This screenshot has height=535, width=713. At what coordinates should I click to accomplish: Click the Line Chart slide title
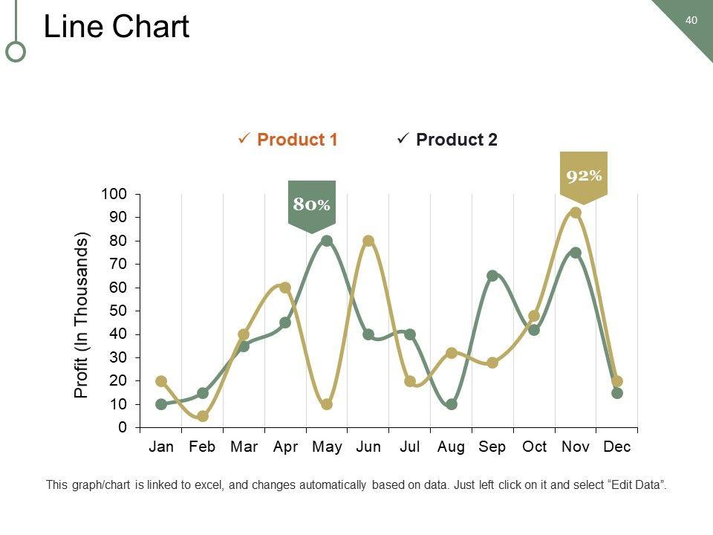(x=117, y=27)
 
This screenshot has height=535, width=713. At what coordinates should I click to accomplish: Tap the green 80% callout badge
(x=311, y=204)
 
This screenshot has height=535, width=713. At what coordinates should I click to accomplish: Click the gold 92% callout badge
(x=584, y=176)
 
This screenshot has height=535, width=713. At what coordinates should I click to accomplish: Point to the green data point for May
(x=327, y=241)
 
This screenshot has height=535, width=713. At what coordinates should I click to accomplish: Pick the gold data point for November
(x=576, y=213)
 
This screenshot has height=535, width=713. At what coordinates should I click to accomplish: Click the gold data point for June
(x=368, y=241)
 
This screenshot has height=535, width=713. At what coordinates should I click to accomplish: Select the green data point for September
(x=492, y=276)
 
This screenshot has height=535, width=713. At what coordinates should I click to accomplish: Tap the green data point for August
(x=452, y=404)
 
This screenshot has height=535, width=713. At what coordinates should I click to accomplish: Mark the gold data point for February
(x=203, y=416)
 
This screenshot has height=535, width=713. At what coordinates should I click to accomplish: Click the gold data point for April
(x=285, y=288)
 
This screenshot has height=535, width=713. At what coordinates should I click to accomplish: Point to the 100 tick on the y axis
(x=114, y=194)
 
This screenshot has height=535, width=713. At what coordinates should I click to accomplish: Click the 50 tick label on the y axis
(x=119, y=311)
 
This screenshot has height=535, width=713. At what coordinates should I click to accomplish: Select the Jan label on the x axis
(x=161, y=447)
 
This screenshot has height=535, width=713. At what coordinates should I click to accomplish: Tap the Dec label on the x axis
(x=617, y=447)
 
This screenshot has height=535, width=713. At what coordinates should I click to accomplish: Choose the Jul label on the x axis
(x=410, y=447)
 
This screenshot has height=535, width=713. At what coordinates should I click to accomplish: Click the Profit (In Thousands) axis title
(x=82, y=315)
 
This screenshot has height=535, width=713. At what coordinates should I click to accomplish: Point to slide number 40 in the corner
(x=691, y=20)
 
